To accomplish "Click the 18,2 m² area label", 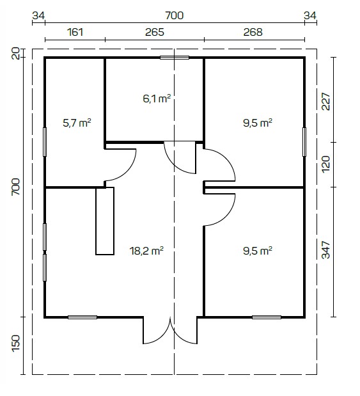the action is [146, 251].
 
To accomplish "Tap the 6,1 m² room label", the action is [157, 99].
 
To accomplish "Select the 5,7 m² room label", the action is [77, 123].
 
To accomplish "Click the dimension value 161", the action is [75, 32].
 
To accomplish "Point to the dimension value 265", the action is [155, 32].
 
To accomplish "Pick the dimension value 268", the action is [253, 32].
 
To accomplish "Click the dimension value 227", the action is [325, 102].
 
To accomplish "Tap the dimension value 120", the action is [325, 164].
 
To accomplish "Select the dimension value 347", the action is [325, 249].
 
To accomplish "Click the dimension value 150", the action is [15, 343].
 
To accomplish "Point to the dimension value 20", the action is [15, 54].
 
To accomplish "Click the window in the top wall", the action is [175, 58].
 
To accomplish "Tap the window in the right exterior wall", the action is [304, 142].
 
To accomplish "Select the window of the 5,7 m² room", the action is [45, 142].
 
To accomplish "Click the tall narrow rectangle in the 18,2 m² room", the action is [105, 221].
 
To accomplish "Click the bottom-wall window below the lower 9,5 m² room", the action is [267, 317].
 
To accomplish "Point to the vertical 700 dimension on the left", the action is [15, 187].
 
